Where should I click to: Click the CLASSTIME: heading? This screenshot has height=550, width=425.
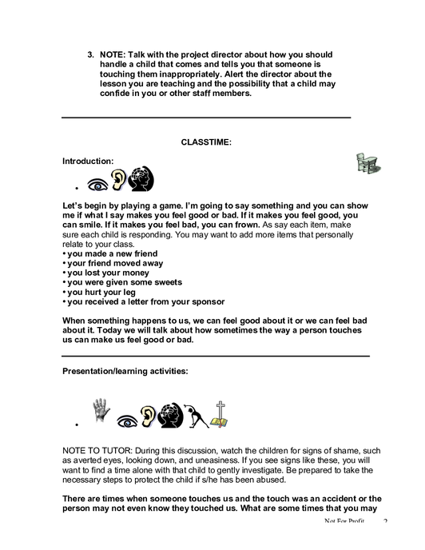coord(206,142)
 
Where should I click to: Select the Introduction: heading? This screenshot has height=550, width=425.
coord(88,161)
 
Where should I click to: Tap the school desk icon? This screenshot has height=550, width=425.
coord(368,163)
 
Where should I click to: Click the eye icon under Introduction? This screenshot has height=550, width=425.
coord(97,184)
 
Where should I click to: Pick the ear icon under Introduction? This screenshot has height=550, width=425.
coord(118,180)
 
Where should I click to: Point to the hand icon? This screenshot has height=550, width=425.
coord(101,409)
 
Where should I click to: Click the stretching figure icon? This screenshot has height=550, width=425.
coord(197,416)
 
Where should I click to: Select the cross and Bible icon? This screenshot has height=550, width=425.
coord(219,415)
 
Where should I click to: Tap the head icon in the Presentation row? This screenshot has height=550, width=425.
coord(170,416)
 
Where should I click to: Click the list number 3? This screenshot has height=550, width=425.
coord(91,54)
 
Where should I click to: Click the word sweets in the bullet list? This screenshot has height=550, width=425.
coord(169,282)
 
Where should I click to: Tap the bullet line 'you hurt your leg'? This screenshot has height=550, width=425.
coord(99,293)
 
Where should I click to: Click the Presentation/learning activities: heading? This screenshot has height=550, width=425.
coord(125,371)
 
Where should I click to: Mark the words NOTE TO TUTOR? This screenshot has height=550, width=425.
coord(97,451)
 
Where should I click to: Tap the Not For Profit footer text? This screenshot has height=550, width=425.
coord(344,521)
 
